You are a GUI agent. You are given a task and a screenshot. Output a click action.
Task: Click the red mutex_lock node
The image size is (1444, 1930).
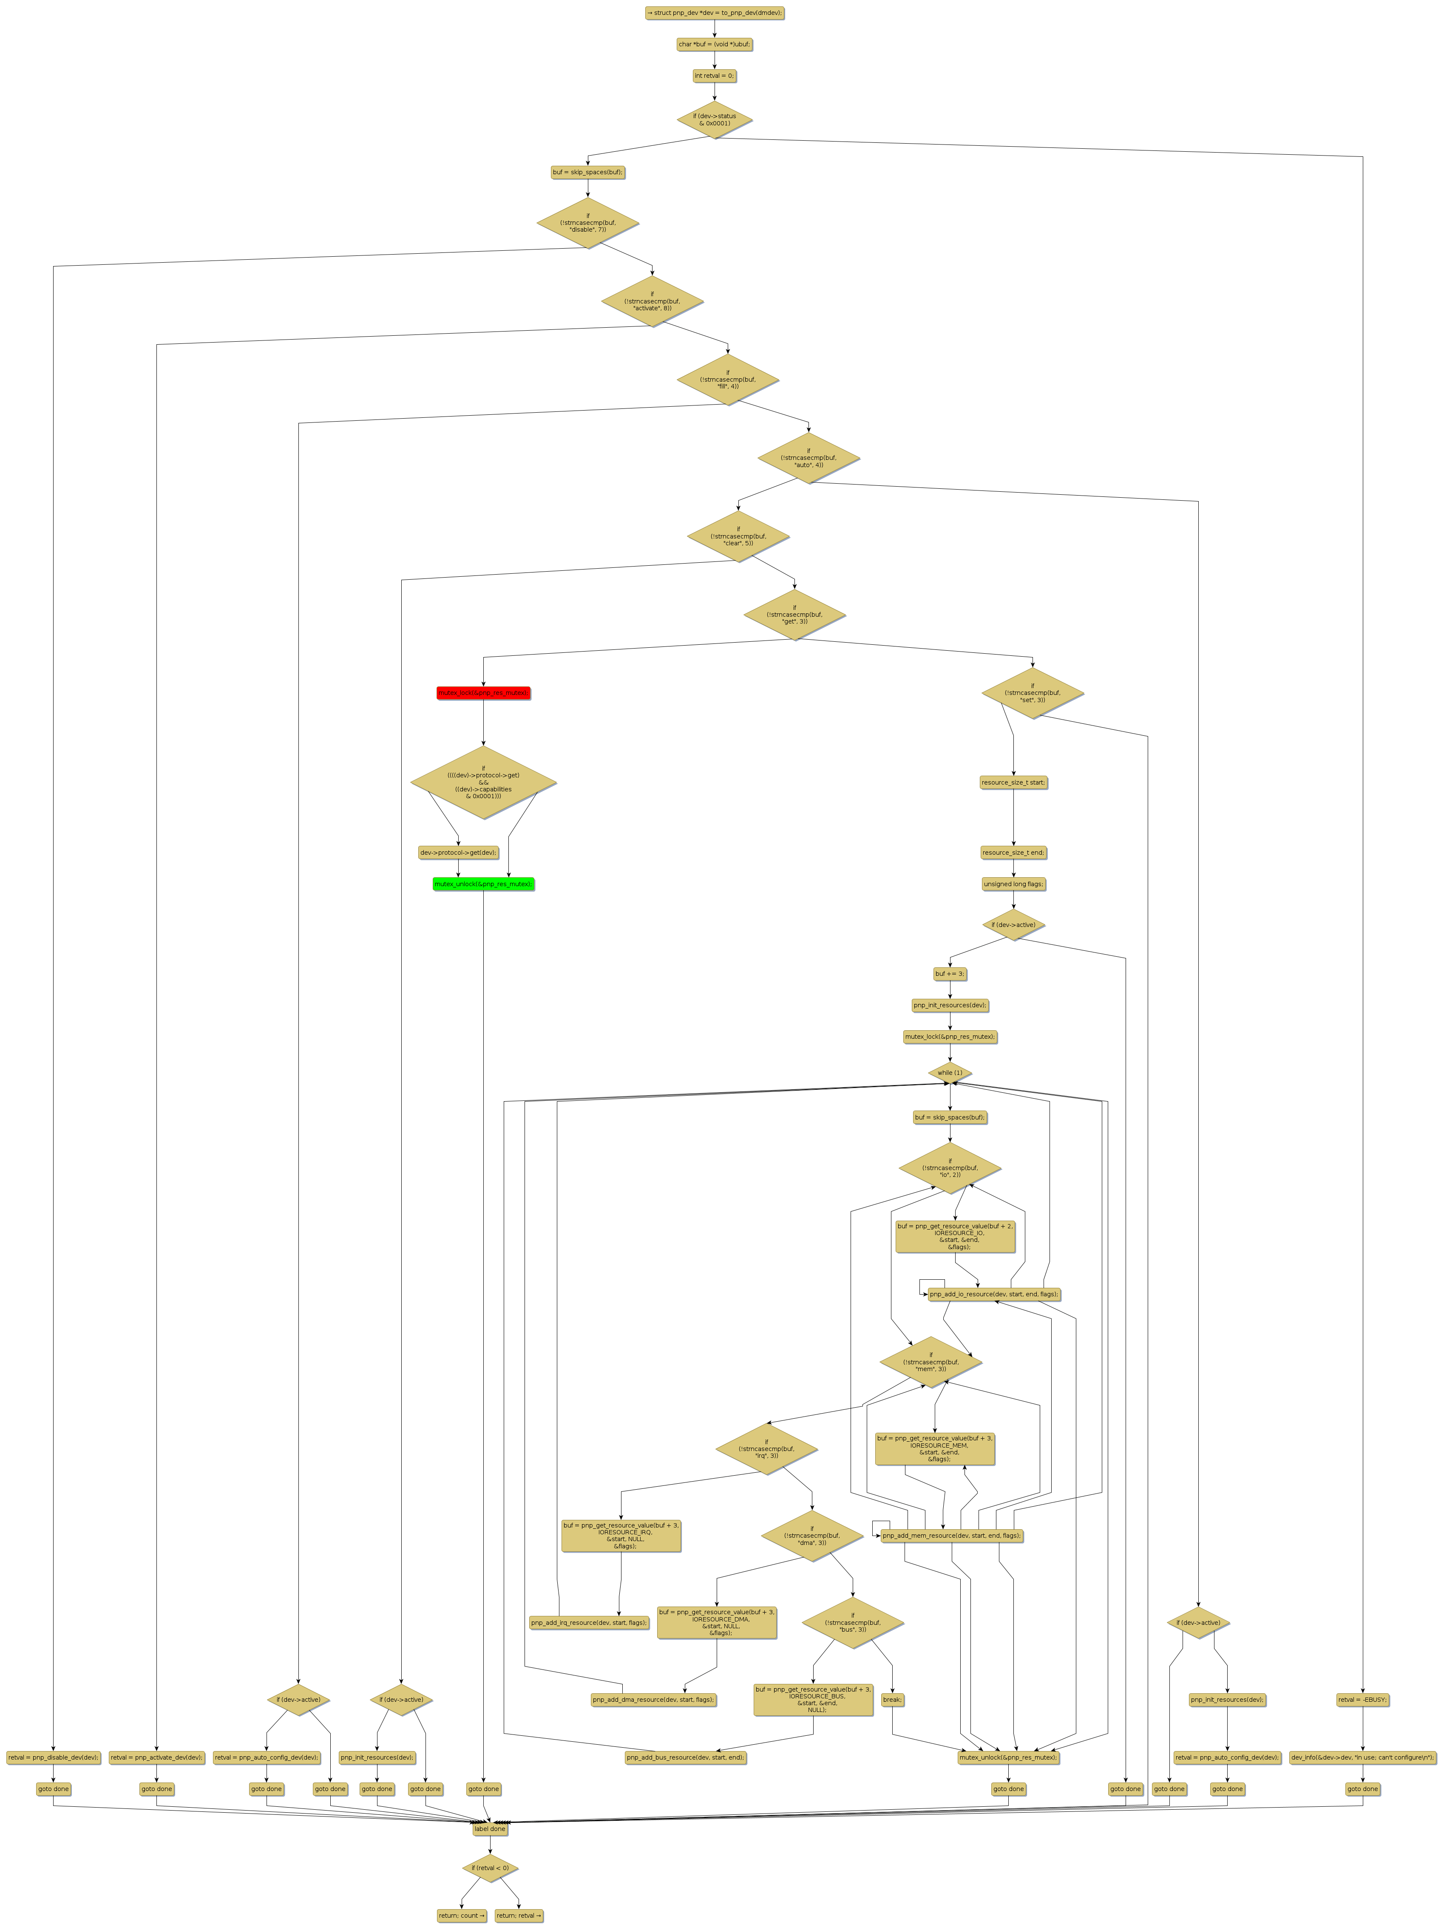pyautogui.click(x=483, y=693)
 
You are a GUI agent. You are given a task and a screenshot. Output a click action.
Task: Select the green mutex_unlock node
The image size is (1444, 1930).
pyautogui.click(x=483, y=884)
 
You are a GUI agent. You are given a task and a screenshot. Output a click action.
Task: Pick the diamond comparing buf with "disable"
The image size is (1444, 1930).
pyautogui.click(x=587, y=222)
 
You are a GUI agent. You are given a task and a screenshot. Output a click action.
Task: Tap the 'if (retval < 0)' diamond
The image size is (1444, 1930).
pyautogui.click(x=489, y=1868)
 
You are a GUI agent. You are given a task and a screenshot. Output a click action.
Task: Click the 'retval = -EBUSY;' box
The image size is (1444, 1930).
pyautogui.click(x=1362, y=1700)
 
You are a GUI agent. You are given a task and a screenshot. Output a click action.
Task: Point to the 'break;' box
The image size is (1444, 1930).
pyautogui.click(x=892, y=1700)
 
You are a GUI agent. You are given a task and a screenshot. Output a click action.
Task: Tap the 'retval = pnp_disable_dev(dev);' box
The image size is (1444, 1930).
pyautogui.click(x=53, y=1757)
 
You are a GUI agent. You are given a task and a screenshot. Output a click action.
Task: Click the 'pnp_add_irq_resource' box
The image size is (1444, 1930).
pyautogui.click(x=589, y=1623)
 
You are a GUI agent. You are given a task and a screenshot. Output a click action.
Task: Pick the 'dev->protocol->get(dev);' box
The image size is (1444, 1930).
pyautogui.click(x=458, y=853)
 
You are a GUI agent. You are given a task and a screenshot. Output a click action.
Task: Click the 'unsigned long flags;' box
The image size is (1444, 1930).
pyautogui.click(x=1013, y=884)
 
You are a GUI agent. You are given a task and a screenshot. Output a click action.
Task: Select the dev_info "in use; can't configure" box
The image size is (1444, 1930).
pyautogui.click(x=1362, y=1757)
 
